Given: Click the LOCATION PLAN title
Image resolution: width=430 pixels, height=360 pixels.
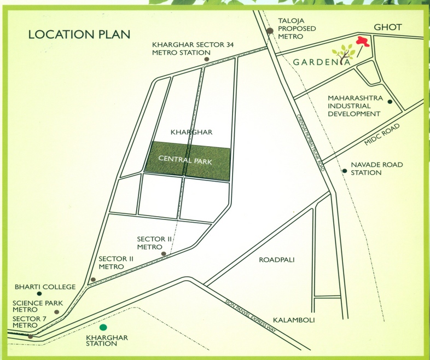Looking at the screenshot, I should coord(79,34).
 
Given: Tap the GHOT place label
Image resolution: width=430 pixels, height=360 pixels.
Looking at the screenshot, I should coord(387,27).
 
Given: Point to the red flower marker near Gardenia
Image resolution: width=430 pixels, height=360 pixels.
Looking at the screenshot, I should coord(362,41).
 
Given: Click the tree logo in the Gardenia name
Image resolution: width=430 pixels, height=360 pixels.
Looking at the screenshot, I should coord(344,53).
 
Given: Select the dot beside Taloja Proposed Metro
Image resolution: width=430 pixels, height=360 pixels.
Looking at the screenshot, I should coord(270,31).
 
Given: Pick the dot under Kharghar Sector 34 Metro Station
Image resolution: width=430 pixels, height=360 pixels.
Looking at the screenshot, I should coord(206,59).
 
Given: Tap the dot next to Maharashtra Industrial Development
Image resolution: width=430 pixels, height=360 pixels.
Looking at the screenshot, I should coord(390,102).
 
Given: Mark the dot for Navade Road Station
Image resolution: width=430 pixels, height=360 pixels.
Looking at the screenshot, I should coord(345,171).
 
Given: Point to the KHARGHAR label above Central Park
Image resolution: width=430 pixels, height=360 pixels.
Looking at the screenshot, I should coord(191,132).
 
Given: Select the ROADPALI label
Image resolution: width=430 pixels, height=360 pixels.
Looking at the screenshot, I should coord(276,260).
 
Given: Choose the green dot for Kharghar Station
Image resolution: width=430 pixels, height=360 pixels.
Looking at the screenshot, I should coord(103,327).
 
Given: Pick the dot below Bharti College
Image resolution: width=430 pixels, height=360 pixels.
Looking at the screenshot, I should coord(39,293).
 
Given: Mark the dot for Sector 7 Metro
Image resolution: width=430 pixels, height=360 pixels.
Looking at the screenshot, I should coord(31,336).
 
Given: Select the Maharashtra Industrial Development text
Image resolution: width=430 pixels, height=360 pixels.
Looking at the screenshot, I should coord(354,106).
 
